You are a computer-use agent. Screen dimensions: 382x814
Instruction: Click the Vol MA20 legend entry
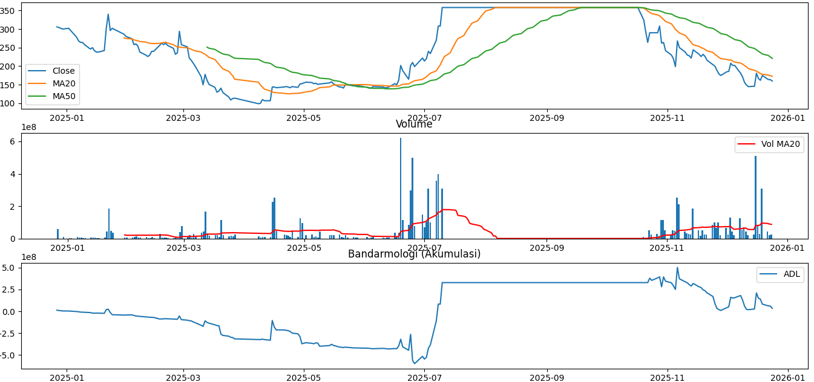pos(780,144)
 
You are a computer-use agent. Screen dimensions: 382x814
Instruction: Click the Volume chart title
pos(414,125)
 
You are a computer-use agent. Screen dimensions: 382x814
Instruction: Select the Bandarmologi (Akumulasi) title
pos(414,254)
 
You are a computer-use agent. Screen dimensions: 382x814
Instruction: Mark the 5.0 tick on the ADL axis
pos(11,268)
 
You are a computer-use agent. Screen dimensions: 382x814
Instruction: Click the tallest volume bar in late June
pos(400,187)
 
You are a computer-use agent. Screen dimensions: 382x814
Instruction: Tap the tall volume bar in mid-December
pos(755,196)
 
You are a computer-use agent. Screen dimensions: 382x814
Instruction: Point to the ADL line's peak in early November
pos(677,268)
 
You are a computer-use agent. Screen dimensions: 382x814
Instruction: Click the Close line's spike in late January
pos(108,15)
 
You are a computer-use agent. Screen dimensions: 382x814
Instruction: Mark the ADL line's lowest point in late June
pos(415,363)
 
